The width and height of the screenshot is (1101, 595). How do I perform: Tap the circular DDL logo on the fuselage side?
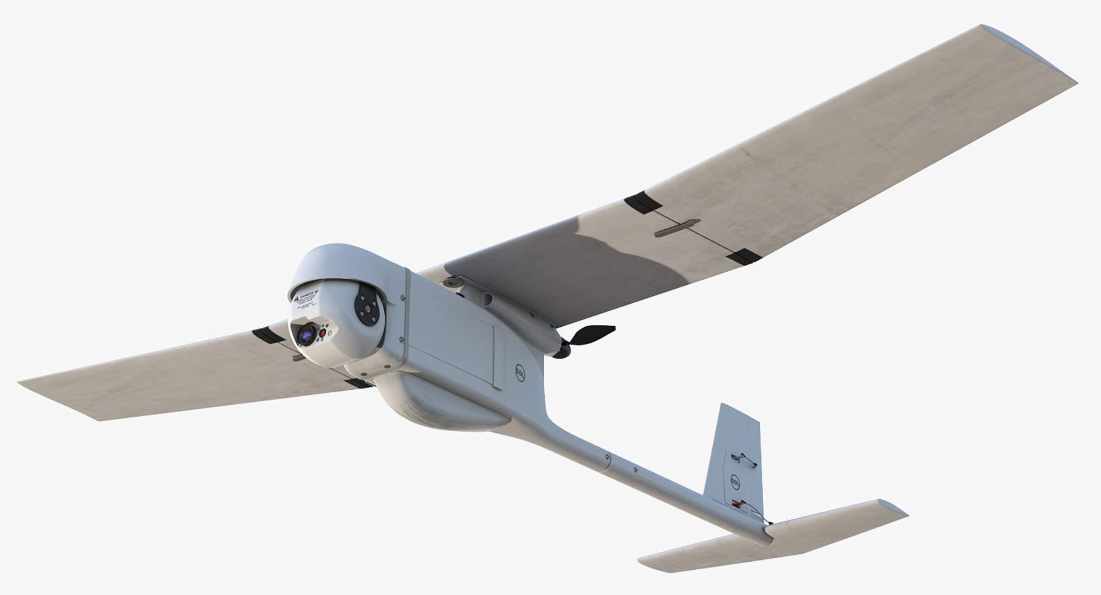pos(518,373)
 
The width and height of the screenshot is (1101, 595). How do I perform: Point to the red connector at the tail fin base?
pos(738,505)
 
